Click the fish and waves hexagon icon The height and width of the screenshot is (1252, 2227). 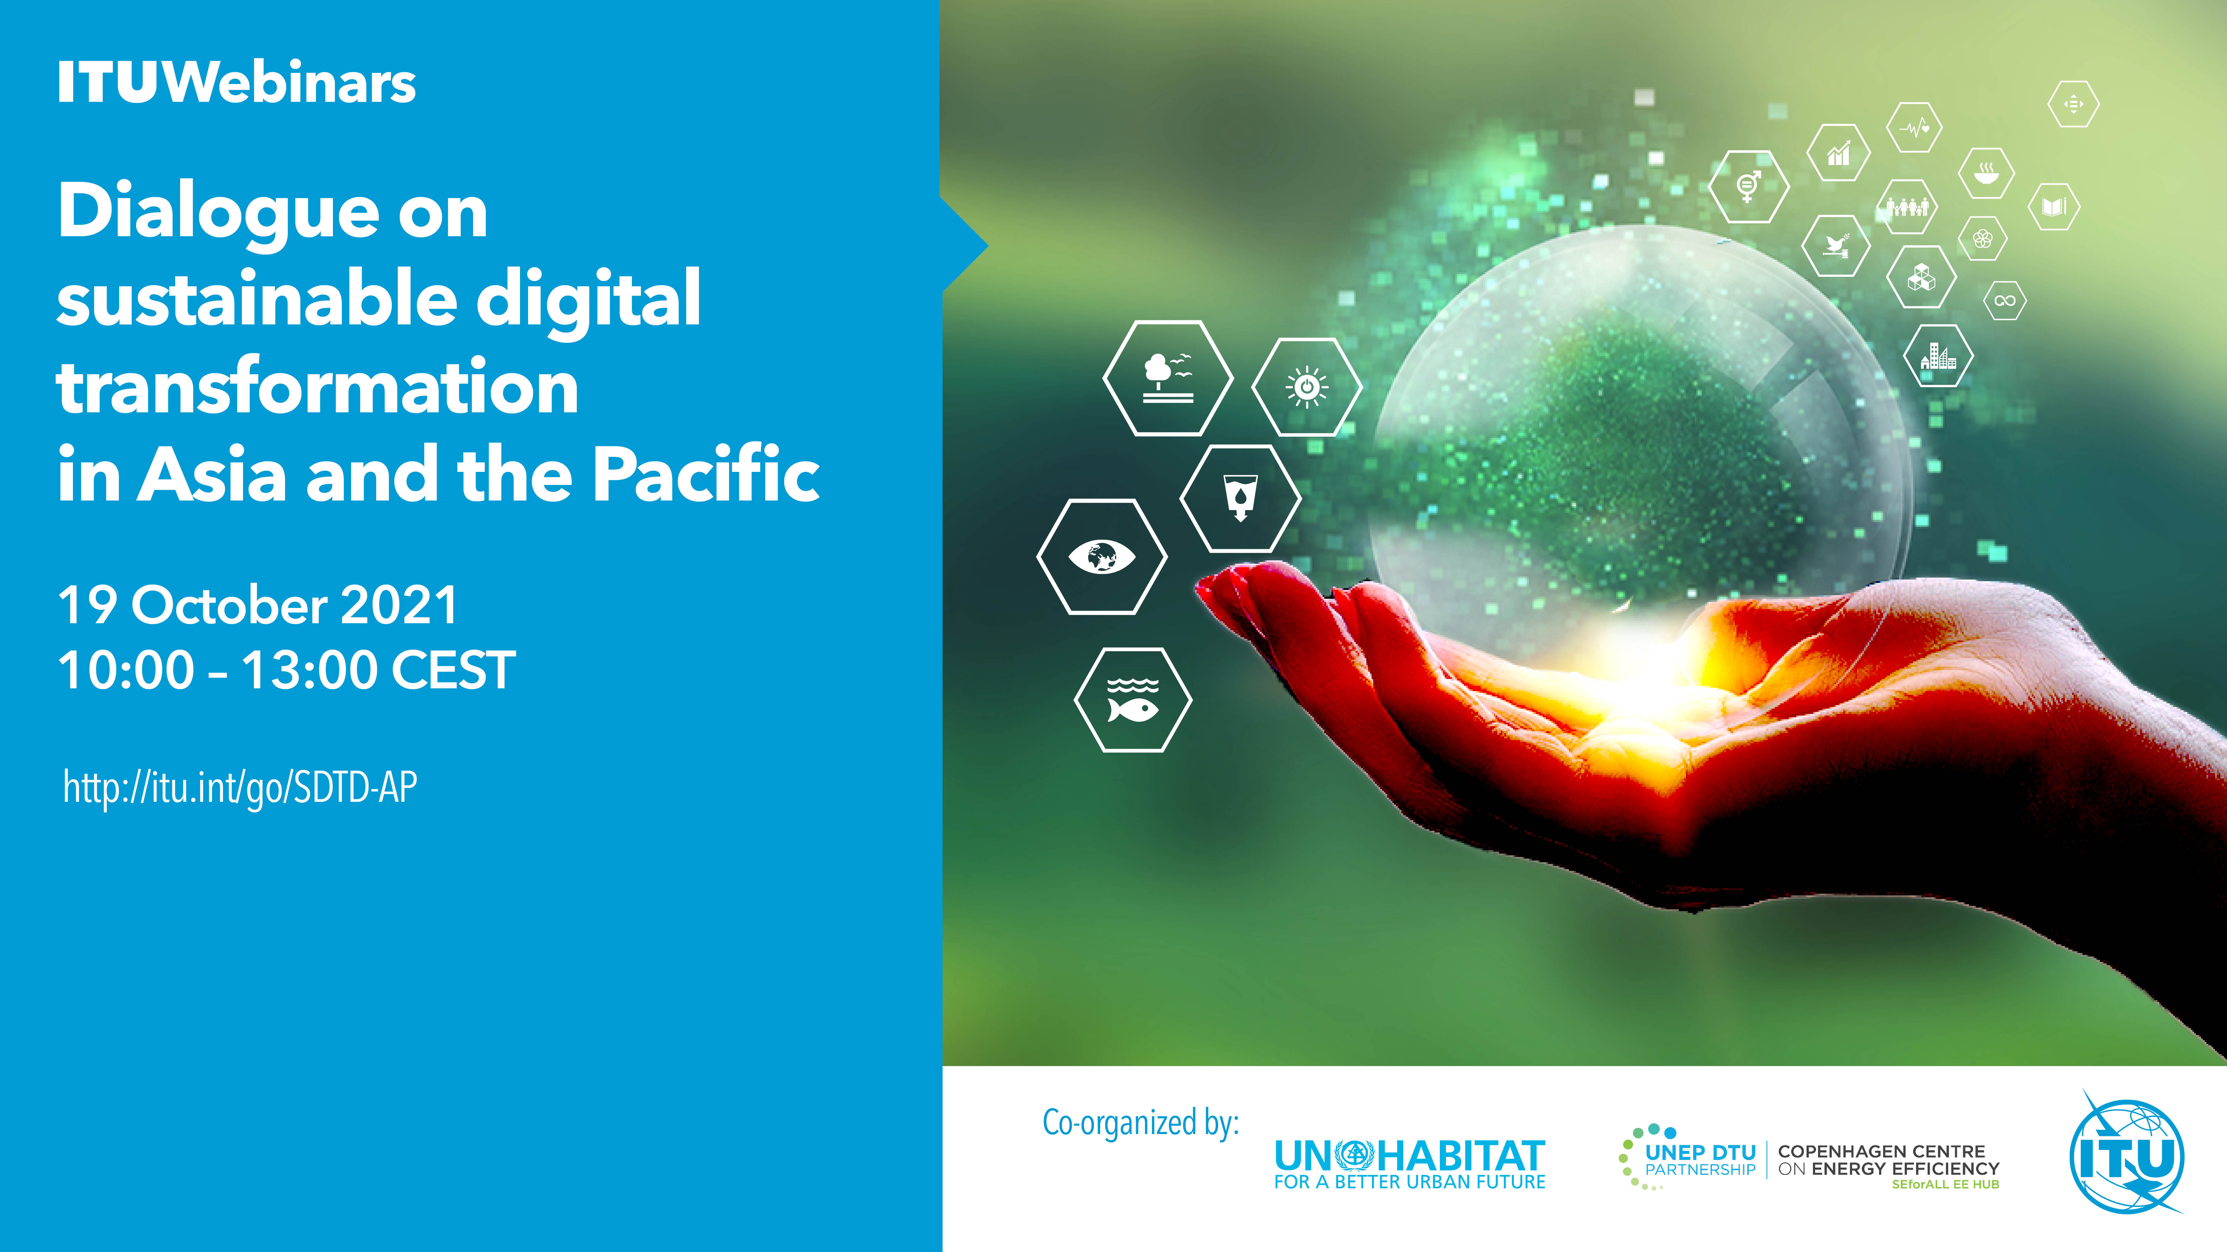coord(1132,700)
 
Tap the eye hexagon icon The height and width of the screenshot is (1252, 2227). coord(1102,556)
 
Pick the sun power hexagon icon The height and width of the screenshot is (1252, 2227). coord(1307,386)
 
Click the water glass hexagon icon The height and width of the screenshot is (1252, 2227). coord(1241,499)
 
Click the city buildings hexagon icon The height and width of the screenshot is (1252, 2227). coord(1938,355)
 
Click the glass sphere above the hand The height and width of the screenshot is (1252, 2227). coord(1643,432)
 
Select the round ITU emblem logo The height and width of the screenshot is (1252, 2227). coord(2127,1155)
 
